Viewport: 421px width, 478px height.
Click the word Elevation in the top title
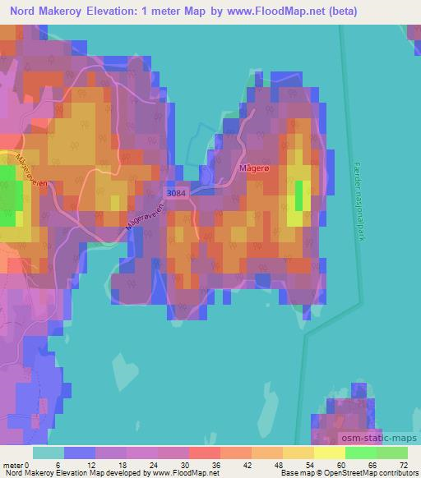[x=118, y=10]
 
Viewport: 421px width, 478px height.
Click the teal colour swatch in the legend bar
[x=48, y=453]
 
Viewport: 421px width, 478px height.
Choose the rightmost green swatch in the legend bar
[x=392, y=453]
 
